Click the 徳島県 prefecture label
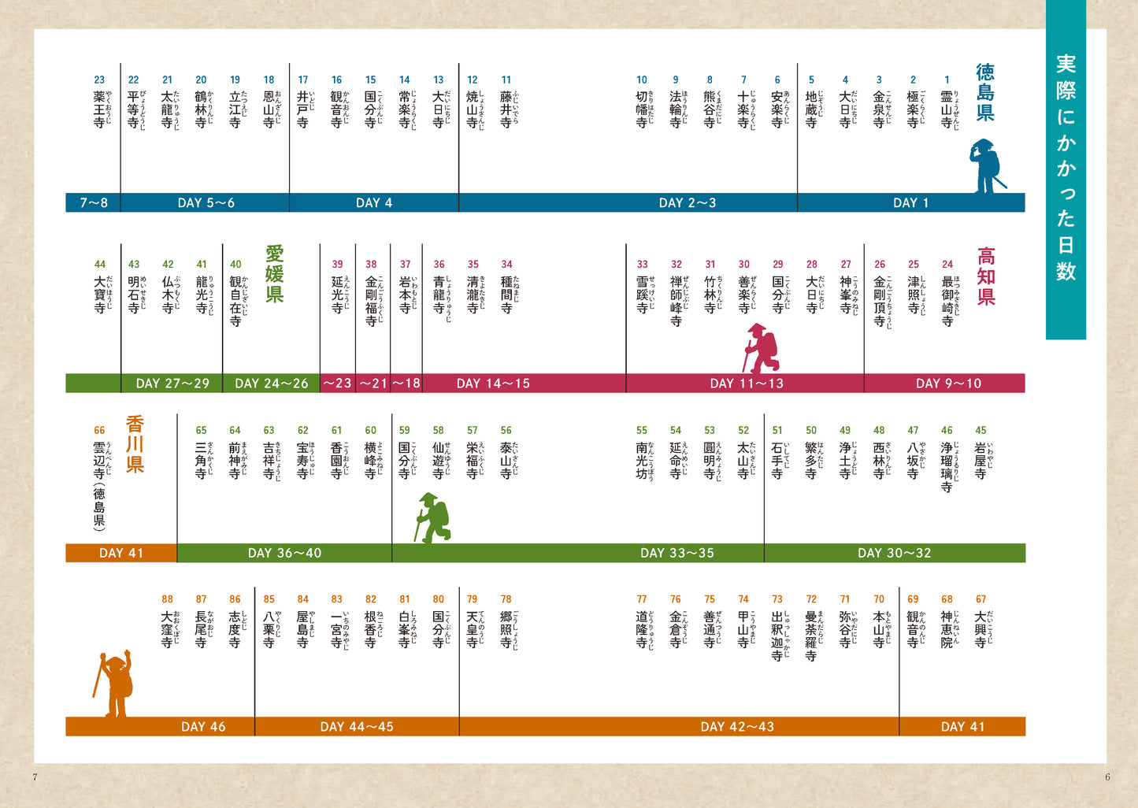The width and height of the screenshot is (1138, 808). point(985,93)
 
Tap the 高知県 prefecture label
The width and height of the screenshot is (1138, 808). point(986,276)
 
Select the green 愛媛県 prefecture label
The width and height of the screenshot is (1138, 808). point(274,274)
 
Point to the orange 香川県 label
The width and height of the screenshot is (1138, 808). point(135,444)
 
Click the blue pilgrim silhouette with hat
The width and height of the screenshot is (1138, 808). point(986,166)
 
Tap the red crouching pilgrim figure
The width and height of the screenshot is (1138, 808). point(762,347)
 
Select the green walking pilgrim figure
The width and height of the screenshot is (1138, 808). point(432,517)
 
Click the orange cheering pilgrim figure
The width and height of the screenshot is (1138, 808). point(115,684)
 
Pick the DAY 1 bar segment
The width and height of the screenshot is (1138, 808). point(910,202)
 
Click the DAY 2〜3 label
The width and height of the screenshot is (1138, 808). point(687,202)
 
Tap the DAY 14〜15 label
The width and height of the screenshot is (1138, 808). point(493,384)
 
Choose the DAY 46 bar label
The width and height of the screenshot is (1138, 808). point(203,727)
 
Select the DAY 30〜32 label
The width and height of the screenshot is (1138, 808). point(894,553)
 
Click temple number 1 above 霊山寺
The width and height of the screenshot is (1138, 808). point(947,80)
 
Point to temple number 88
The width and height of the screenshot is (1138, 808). point(167,599)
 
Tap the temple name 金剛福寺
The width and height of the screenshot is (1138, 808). point(371,300)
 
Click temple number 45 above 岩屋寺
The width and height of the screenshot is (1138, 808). point(980,430)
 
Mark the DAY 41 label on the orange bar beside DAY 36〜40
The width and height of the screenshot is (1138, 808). point(121,553)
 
